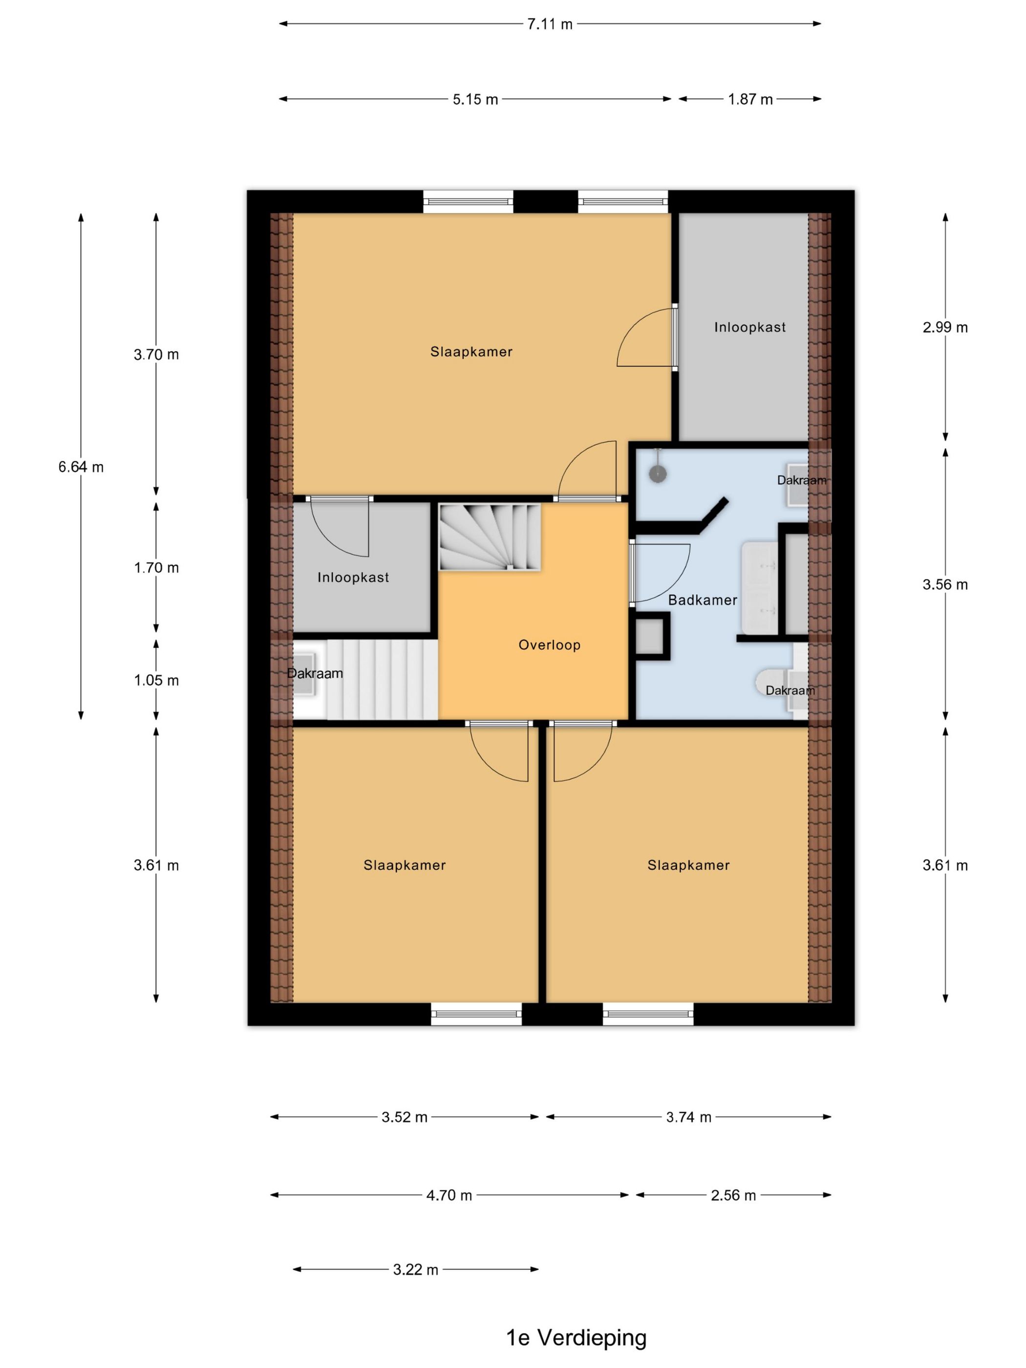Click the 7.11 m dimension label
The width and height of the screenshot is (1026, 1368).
[549, 24]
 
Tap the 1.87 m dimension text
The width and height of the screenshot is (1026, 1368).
[750, 99]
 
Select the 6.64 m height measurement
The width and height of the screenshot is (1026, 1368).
[81, 467]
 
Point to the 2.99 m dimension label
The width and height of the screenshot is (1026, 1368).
[945, 327]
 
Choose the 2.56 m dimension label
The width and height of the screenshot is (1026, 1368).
[733, 1196]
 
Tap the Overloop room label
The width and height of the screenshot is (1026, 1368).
[549, 645]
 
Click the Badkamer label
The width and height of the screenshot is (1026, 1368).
[703, 600]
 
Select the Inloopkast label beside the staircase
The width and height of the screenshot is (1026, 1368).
[353, 577]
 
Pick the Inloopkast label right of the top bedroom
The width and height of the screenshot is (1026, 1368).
[750, 327]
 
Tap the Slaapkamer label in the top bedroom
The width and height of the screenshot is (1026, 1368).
[471, 352]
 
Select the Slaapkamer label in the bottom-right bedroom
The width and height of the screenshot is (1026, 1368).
[688, 865]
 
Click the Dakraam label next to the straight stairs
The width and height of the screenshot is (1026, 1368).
[315, 673]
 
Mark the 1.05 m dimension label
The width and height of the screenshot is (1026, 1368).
[156, 680]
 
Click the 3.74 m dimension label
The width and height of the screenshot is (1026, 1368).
[688, 1117]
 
